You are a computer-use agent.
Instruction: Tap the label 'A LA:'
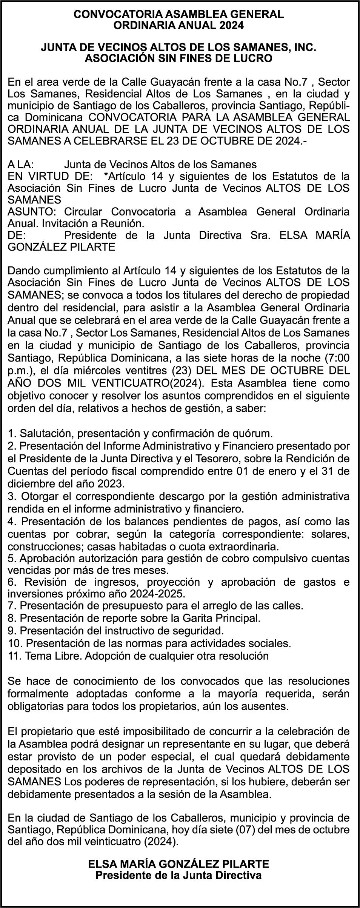coord(21,165)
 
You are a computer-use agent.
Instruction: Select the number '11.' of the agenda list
coord(14,656)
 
